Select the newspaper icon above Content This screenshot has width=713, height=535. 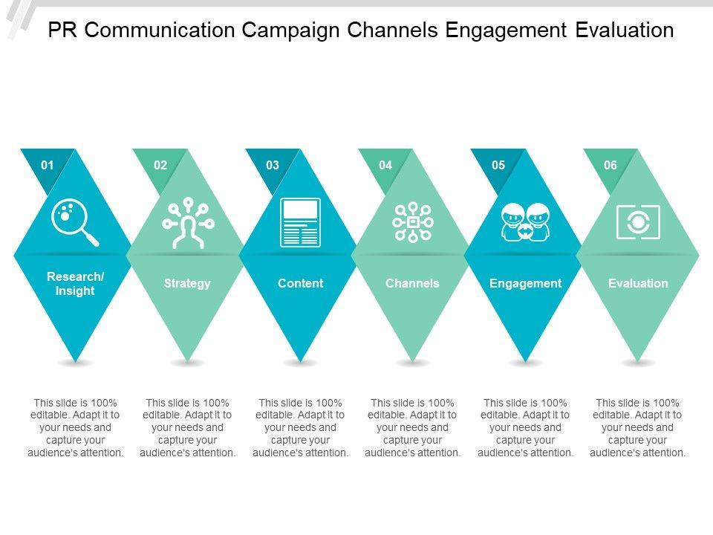pos(300,222)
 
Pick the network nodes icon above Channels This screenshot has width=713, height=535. pos(412,222)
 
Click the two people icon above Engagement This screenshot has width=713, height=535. pos(525,222)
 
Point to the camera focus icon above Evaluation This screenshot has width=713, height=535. pos(638,222)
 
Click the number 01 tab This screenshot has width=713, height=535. pos(48,165)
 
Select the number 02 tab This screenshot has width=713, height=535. pos(160,165)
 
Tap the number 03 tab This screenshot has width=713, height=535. pos(273,165)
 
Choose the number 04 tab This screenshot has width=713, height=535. pos(385,165)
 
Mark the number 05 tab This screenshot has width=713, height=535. pos(498,165)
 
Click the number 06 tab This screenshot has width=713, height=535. pos(611,165)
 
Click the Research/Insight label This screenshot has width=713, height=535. pos(75,284)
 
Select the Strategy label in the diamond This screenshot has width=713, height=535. pos(187,283)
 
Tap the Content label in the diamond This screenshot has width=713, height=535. pos(300,283)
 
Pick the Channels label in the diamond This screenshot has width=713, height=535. pos(412,283)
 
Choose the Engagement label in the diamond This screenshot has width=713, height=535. pos(525,283)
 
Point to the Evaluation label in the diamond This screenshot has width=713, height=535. pos(638,283)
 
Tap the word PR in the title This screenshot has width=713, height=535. pos(61,30)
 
